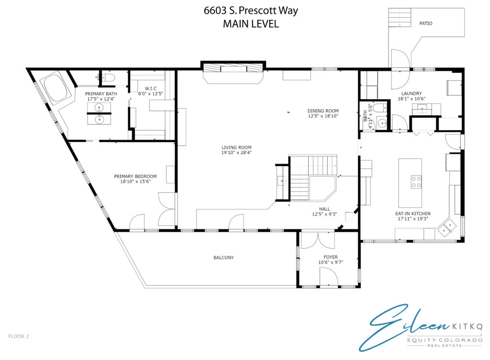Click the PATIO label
tap(425, 23)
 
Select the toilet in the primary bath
tap(108, 77)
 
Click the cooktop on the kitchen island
tap(416, 182)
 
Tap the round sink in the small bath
tap(381, 123)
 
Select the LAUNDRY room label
tap(412, 93)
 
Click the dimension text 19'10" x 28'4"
tap(236, 153)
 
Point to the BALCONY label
tap(223, 258)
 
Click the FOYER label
tap(331, 257)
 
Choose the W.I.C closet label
tap(151, 89)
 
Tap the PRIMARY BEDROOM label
tap(135, 176)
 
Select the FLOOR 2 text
tap(19, 336)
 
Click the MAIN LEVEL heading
tap(251, 24)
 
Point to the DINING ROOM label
tap(323, 111)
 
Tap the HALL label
tap(324, 209)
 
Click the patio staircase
tap(400, 18)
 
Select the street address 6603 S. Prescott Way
tap(251, 11)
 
